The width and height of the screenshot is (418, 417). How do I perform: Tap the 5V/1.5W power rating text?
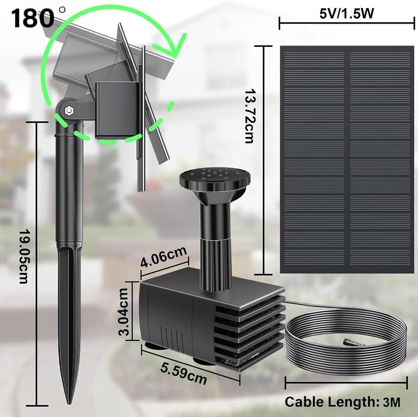(346, 14)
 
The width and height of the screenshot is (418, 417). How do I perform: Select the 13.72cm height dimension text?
(249, 116)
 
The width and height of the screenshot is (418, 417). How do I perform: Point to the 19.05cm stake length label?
(24, 256)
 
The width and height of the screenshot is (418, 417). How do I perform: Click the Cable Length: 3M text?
(342, 402)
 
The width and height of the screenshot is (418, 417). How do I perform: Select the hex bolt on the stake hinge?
(68, 111)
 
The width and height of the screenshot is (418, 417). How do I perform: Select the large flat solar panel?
(347, 160)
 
